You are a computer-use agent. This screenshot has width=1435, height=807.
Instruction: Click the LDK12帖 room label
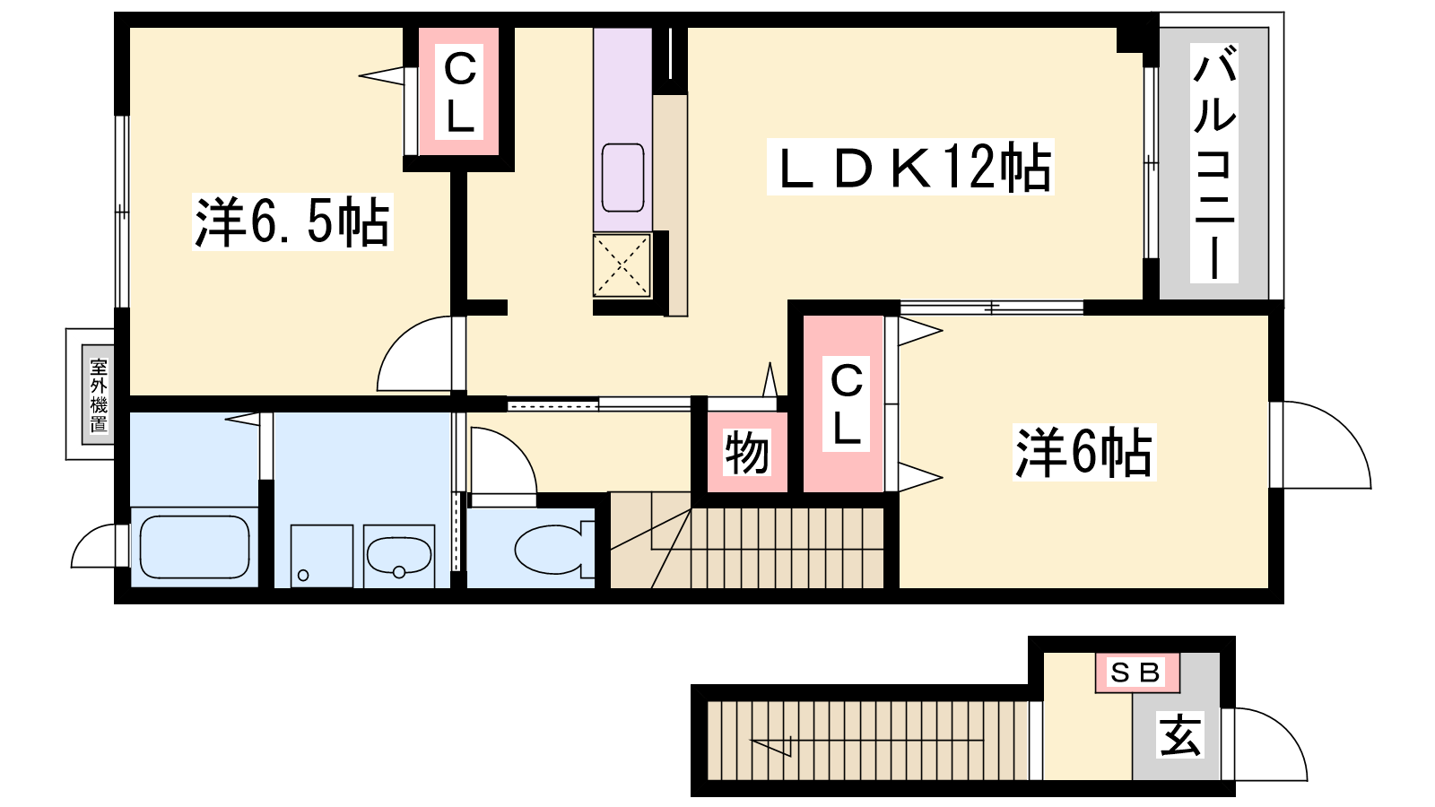pos(911,167)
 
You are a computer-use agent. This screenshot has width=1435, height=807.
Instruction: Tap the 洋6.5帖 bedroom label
pos(292,221)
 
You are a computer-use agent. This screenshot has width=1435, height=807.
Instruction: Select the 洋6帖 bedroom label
pos(1084,452)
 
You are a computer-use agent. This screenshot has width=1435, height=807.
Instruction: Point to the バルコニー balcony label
pos(1214,163)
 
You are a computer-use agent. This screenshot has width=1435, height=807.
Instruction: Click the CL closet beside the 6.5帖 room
pos(459,93)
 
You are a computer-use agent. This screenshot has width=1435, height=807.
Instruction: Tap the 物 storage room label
pos(747,453)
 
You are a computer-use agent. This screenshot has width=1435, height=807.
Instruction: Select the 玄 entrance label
pos(1180,735)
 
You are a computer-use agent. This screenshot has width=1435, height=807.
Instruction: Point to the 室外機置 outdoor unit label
pos(99,395)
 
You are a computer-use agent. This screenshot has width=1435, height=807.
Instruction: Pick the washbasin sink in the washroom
pos(398,556)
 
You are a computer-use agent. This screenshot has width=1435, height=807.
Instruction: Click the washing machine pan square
pos(322,556)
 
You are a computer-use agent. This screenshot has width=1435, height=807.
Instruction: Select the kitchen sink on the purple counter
pos(622,178)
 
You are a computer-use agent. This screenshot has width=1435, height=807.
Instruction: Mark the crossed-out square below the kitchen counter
pos(622,265)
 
